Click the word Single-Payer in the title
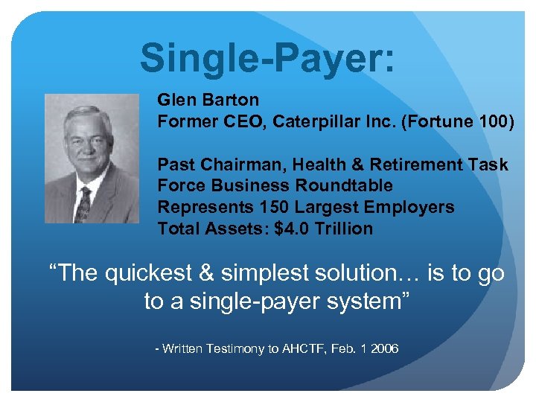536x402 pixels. tap(261, 58)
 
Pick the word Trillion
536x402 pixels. tap(343, 229)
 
